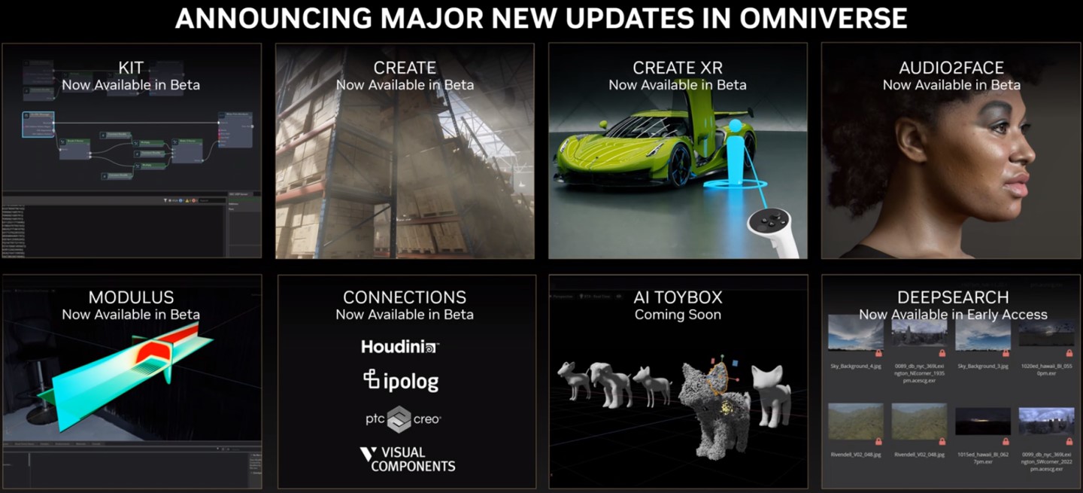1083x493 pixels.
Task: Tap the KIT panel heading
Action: (x=131, y=68)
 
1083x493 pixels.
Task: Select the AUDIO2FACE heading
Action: (x=951, y=68)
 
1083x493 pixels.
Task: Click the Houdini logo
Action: (x=399, y=347)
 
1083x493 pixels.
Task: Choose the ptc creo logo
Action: (x=403, y=419)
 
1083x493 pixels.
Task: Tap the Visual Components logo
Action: (x=407, y=458)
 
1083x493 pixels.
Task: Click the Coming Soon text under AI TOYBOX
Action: (x=678, y=315)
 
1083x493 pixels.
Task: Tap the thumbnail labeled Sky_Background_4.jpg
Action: (x=856, y=333)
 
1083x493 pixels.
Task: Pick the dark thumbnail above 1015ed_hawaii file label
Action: (x=982, y=421)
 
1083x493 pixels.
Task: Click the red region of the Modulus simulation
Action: (x=157, y=351)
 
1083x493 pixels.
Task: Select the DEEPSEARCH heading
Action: (x=953, y=297)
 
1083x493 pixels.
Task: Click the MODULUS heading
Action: (x=131, y=297)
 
